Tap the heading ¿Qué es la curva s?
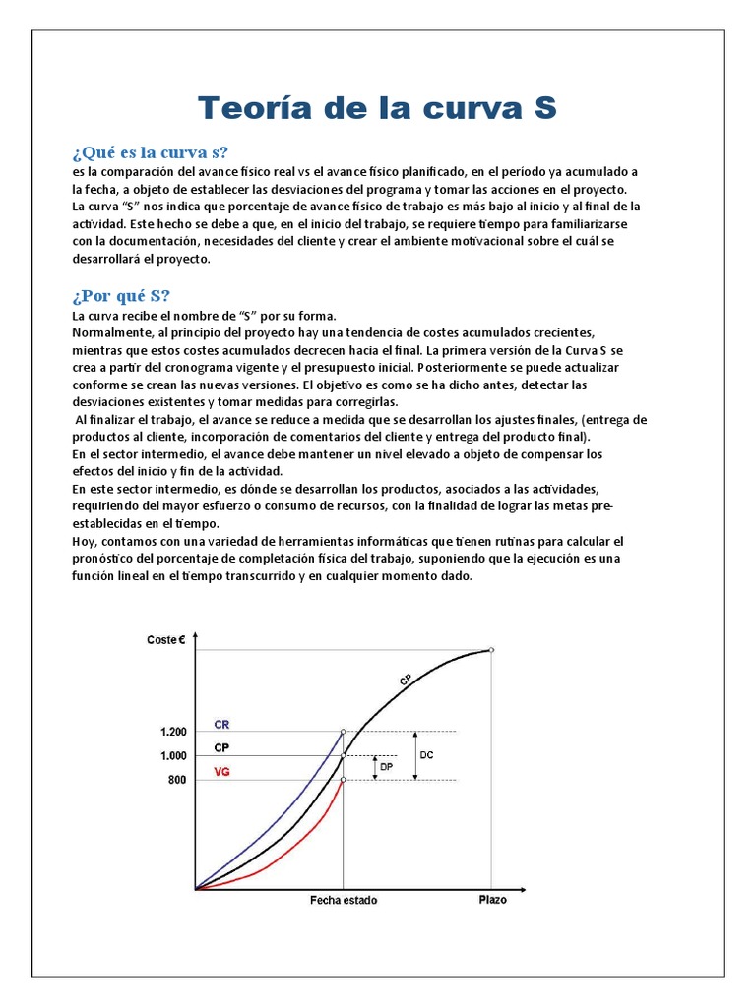pyautogui.click(x=150, y=152)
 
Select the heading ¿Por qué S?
pyautogui.click(x=121, y=296)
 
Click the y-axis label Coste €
pyautogui.click(x=165, y=640)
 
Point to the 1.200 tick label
pyautogui.click(x=172, y=732)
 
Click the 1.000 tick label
pyautogui.click(x=172, y=755)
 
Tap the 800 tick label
pyautogui.click(x=176, y=780)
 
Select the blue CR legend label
pyautogui.click(x=222, y=724)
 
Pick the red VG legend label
pyautogui.click(x=222, y=773)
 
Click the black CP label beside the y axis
pyautogui.click(x=222, y=748)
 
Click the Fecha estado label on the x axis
pyautogui.click(x=343, y=901)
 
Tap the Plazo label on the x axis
pyautogui.click(x=493, y=900)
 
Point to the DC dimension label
pyautogui.click(x=426, y=755)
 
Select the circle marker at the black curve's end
pyautogui.click(x=491, y=650)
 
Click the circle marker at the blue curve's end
pyautogui.click(x=343, y=732)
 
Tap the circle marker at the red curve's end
pyautogui.click(x=343, y=780)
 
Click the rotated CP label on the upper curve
pyautogui.click(x=406, y=680)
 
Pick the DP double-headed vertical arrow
pyautogui.click(x=374, y=768)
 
